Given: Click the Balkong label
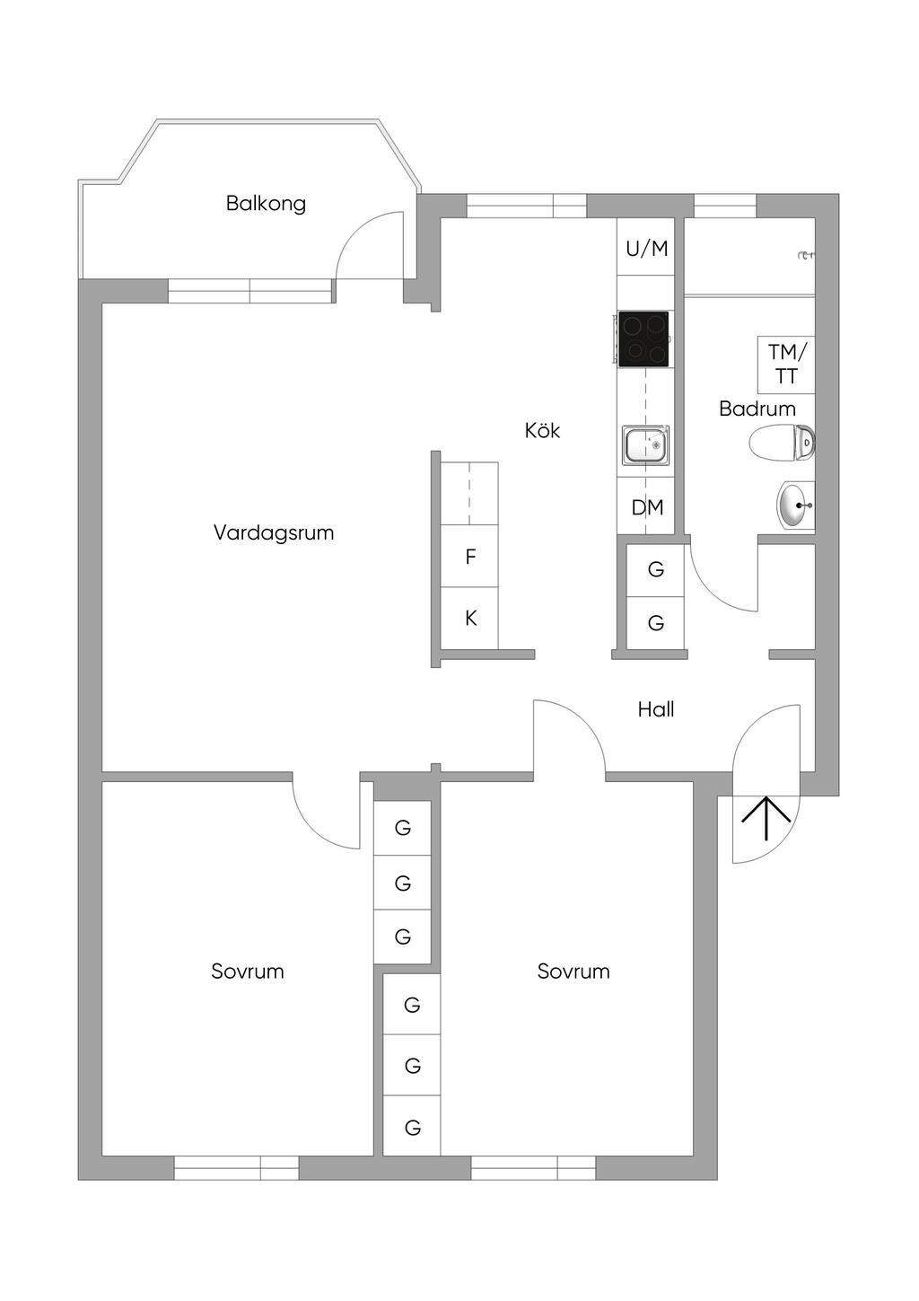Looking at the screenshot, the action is point(266,203).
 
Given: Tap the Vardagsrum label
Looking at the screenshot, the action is point(274,532).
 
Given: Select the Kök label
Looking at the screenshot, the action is point(542,431).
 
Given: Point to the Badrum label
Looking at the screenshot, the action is point(757,409).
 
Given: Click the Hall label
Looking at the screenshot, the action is point(656,709).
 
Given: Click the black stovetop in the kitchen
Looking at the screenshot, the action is point(643,338).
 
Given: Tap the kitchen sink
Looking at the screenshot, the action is point(644,445).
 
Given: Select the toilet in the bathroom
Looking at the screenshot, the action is point(781,443).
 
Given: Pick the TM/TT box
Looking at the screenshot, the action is point(786,364).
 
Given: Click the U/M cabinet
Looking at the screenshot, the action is point(646,249).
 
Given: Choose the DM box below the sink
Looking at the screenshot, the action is point(647,507).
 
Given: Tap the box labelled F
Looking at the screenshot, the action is point(470,558).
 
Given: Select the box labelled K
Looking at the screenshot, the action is point(470,619).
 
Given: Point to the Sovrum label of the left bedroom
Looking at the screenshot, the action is point(248,971).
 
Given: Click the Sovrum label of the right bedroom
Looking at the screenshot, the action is point(573,971).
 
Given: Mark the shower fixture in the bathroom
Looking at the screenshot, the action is point(806,256).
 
